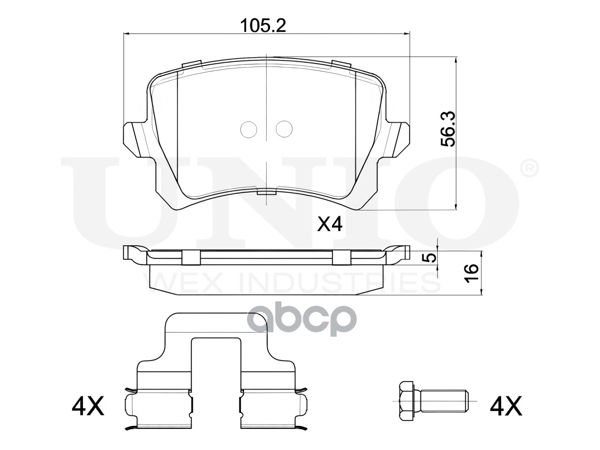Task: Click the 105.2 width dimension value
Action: coord(263,26)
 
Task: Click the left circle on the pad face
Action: coord(249,129)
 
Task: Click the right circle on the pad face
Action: coord(284,129)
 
